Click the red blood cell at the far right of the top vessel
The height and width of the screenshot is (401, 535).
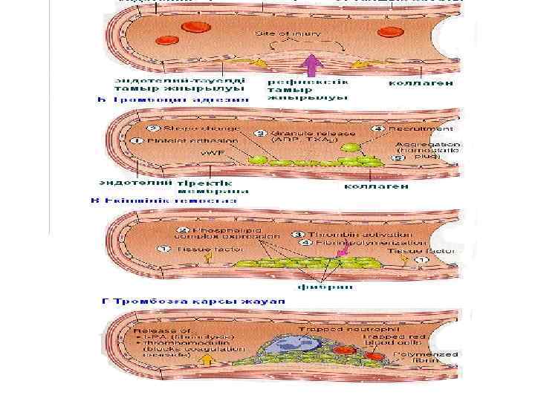pos(389,31)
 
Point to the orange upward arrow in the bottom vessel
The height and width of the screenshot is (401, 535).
pos(207,361)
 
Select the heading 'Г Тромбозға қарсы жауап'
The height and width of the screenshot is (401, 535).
pos(193,301)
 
